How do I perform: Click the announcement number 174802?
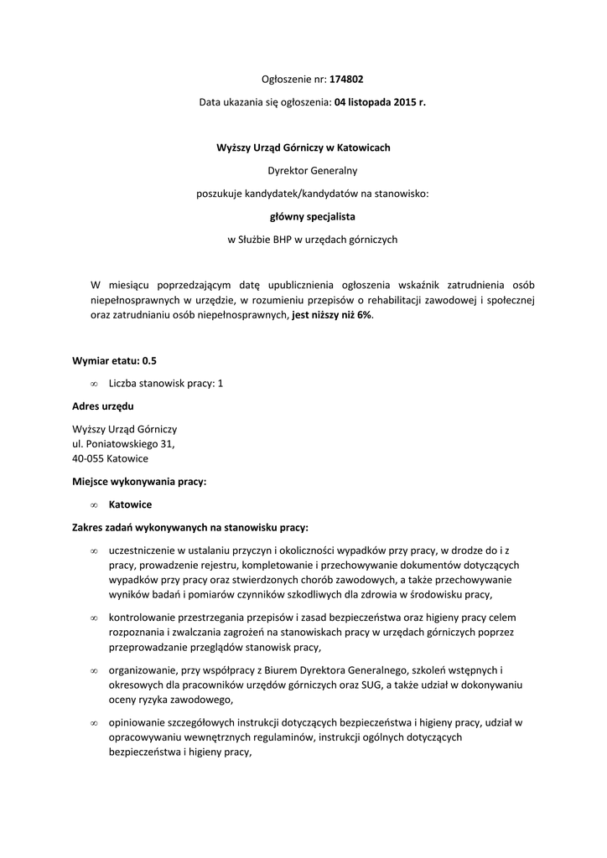coord(346,80)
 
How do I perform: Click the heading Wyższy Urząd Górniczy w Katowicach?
coord(303,148)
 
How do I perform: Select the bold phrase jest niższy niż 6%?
coord(331,315)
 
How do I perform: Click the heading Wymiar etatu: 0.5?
coord(115,361)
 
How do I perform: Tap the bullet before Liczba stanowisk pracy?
coord(94,384)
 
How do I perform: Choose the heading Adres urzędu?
coord(103,406)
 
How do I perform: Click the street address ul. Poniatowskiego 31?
coord(123,444)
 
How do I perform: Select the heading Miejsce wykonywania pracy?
coord(139,482)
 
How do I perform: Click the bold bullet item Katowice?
coord(130,505)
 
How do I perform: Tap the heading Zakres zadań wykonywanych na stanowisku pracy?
coord(190,528)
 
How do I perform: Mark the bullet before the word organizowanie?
coord(94,671)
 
